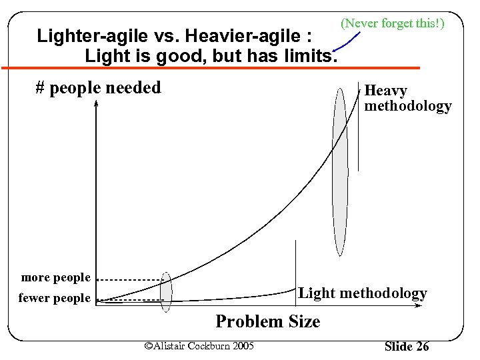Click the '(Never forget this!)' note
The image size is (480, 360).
[x=392, y=23]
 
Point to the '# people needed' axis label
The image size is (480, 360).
[x=98, y=87]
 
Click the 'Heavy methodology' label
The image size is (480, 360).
[x=407, y=98]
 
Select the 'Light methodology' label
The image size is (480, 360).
[x=362, y=293]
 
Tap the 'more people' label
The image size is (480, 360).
[x=55, y=277]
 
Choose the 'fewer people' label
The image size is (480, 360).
[x=54, y=298]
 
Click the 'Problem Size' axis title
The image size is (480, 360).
[x=267, y=321]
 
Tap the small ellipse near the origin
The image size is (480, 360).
[x=166, y=292]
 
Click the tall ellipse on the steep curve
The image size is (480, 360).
[x=340, y=171]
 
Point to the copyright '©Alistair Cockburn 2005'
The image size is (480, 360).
[x=199, y=345]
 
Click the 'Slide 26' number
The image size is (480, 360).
[x=407, y=346]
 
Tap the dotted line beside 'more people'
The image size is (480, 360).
[x=133, y=279]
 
